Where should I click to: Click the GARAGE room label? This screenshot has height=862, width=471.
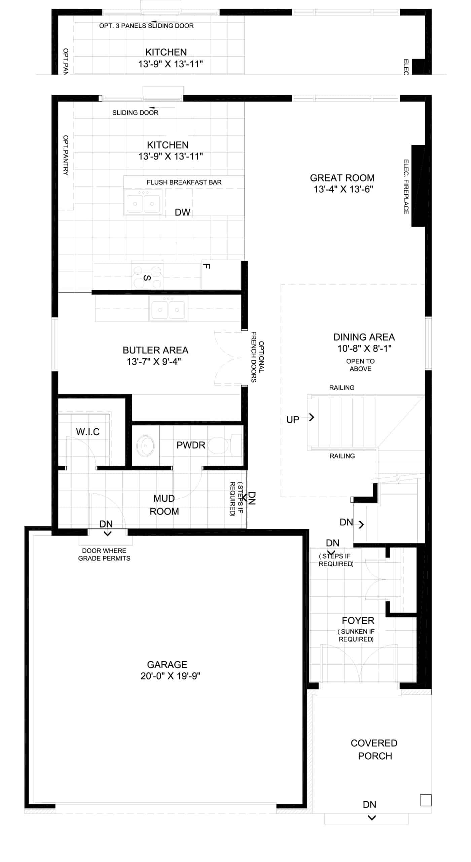[x=167, y=664]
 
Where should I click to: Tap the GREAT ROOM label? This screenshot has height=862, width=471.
[x=342, y=178]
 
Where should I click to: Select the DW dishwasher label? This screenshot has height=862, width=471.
[x=183, y=212]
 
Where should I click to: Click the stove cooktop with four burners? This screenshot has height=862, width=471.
[x=147, y=275]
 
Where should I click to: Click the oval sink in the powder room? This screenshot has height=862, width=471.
[x=145, y=445]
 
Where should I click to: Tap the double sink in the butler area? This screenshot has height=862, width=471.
[x=168, y=308]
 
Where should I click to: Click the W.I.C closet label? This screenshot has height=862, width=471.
[x=88, y=432]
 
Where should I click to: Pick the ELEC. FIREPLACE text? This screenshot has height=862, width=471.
[x=406, y=187]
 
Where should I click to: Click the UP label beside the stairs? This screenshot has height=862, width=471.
[x=293, y=420]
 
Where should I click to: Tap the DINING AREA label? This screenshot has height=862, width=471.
[x=364, y=337]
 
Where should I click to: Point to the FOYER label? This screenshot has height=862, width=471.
[x=358, y=621]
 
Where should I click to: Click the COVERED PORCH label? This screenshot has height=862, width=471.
[x=374, y=750]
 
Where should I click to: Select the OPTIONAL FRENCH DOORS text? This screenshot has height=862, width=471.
[x=257, y=357]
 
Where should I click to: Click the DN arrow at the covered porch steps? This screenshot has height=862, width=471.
[x=372, y=818]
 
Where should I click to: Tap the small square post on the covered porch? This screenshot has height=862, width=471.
[x=426, y=800]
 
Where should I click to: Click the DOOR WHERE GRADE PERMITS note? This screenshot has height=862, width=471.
[x=104, y=555]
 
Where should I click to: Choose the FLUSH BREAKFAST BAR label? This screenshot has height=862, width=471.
[x=184, y=182]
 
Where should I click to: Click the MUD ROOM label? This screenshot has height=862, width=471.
[x=164, y=505]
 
